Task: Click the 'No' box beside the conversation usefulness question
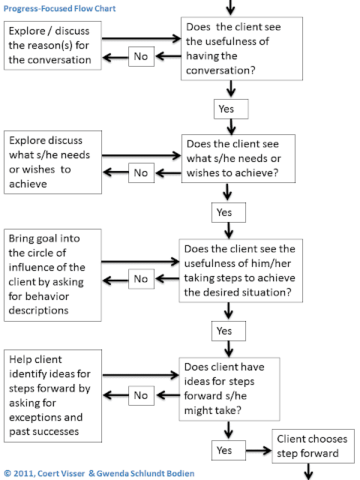click(141, 55)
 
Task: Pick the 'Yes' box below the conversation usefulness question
click(224, 109)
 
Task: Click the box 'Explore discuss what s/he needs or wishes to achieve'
click(52, 162)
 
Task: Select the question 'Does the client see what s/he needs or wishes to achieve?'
click(241, 157)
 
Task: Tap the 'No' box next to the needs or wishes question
click(141, 173)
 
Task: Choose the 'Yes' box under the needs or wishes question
click(224, 212)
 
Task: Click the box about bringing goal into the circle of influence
click(52, 274)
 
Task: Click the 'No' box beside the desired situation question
click(141, 280)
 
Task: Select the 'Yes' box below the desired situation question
click(224, 331)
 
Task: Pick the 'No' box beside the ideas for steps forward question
click(141, 395)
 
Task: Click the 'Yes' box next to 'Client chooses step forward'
click(224, 451)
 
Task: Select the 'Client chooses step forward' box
click(306, 445)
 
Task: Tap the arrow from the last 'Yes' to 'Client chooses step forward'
click(256, 451)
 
